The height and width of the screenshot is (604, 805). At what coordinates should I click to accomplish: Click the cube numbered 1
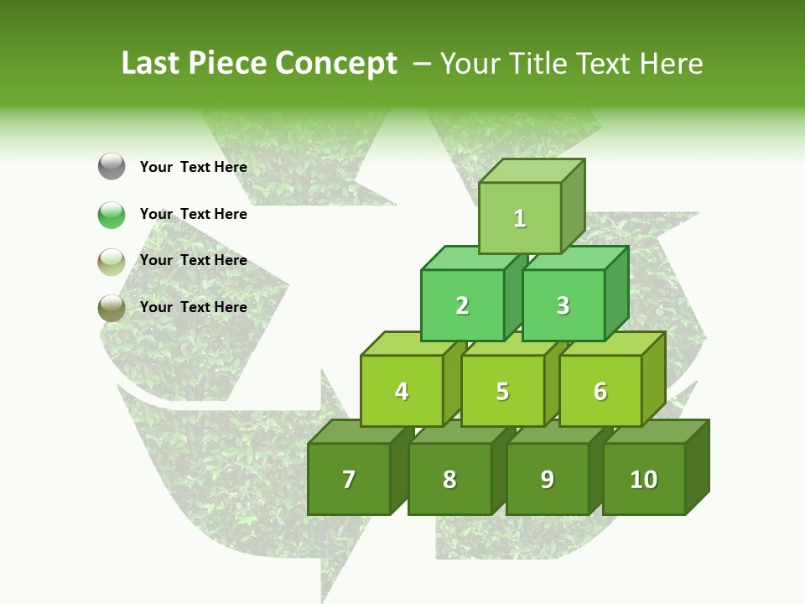click(520, 218)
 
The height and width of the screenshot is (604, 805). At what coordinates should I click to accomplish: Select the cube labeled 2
click(462, 305)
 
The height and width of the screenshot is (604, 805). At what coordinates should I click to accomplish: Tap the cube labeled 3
click(563, 305)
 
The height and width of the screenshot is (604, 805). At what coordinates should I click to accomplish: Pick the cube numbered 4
click(402, 391)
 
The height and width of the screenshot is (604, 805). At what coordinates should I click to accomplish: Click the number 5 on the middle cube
click(502, 392)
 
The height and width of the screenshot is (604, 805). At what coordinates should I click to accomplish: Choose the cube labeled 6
click(600, 391)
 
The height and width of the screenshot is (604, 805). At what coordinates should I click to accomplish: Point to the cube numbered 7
click(349, 479)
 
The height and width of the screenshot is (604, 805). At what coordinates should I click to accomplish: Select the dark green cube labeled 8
click(449, 479)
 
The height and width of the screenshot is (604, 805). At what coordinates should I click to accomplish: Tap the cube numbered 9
click(547, 479)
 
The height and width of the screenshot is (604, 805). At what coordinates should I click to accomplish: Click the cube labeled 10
click(643, 479)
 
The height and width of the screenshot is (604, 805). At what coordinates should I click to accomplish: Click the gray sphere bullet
click(112, 167)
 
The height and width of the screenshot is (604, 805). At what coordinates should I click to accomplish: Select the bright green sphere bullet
click(112, 214)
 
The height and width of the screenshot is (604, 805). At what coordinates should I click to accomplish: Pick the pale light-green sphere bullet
click(112, 261)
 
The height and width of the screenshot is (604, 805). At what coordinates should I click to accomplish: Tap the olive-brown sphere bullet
click(112, 307)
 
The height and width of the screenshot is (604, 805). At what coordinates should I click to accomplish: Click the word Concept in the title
click(335, 64)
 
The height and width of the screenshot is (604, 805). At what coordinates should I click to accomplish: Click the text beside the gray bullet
click(193, 167)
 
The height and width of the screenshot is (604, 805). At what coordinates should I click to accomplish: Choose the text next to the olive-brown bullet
click(193, 307)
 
